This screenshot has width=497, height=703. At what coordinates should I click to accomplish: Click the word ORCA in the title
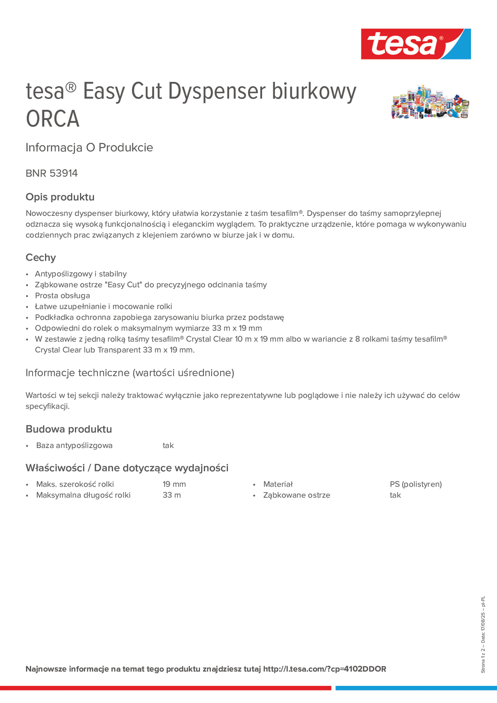pos(53,119)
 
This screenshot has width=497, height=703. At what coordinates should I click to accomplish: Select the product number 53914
pos(64,173)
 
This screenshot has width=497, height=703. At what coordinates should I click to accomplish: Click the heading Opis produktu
pos(60,197)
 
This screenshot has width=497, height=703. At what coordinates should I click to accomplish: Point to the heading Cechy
pos(41,257)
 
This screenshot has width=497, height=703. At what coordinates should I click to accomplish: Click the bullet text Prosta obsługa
pos(62,296)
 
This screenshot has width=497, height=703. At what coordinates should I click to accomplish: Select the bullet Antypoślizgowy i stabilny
pos(81,274)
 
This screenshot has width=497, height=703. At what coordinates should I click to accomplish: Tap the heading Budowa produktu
pos(69,429)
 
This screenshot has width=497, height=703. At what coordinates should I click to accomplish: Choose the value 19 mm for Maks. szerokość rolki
pos(174,484)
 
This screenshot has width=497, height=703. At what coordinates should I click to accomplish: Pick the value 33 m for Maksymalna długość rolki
pos(171,495)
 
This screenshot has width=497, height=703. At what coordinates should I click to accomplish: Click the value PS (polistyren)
pos(416,484)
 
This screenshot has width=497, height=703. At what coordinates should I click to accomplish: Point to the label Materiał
pos(278,484)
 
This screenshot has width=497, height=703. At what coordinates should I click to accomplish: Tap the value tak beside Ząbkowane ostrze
pos(395,495)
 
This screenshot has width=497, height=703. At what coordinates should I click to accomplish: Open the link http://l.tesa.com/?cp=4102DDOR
pos(324,669)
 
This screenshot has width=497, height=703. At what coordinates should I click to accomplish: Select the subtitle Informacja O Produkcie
pos(89,148)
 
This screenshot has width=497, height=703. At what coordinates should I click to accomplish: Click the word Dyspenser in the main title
pos(217,91)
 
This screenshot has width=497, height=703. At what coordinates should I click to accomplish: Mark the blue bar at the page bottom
pos(416,688)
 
